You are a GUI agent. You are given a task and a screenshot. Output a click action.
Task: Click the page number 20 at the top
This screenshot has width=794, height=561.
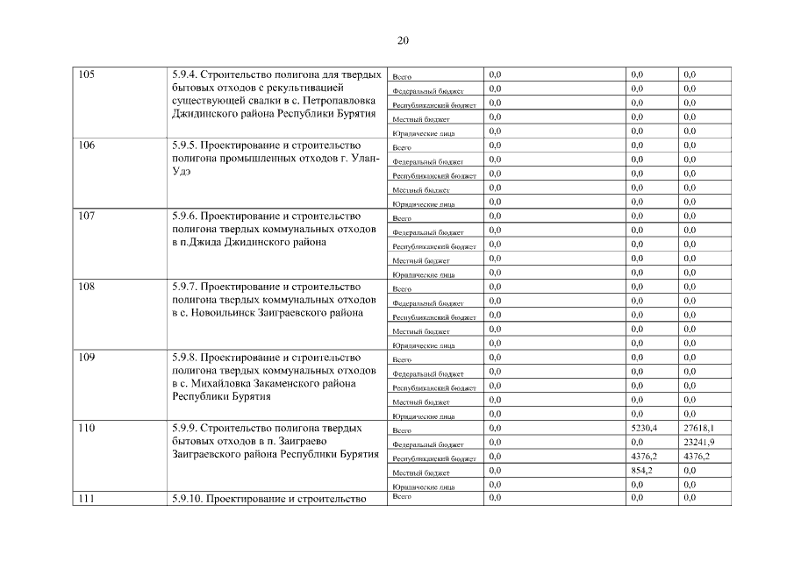[x=403, y=40]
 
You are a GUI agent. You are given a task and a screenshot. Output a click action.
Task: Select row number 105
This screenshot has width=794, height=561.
[x=86, y=75]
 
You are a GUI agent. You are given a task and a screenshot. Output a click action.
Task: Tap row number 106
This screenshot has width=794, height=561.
[x=86, y=146]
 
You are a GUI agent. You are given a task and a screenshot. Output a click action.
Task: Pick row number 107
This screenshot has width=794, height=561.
[x=86, y=216]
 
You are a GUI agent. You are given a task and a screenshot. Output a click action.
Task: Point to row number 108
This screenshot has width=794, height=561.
[x=86, y=287]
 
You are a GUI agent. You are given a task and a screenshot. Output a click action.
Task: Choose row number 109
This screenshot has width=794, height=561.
[x=86, y=358]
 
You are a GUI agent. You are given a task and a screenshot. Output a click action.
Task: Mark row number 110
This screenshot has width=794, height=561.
[x=86, y=428]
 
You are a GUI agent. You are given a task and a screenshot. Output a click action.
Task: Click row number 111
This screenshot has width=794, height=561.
[x=86, y=499]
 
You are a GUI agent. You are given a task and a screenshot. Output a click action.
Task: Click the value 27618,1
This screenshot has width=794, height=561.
[x=698, y=428]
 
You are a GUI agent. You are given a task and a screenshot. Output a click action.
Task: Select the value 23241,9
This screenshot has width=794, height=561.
[x=698, y=442]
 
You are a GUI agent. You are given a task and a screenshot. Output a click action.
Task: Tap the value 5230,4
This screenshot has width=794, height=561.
[x=644, y=428]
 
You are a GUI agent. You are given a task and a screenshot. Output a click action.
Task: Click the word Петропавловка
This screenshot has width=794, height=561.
[x=338, y=101]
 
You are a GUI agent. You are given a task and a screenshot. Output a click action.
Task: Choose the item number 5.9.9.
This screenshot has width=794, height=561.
[x=184, y=428]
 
